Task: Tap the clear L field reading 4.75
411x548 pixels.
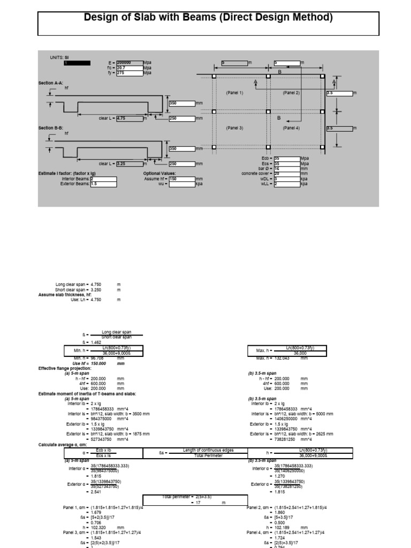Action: (x=129, y=118)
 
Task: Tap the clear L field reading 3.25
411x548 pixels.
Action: (x=129, y=164)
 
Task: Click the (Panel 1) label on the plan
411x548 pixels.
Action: (x=234, y=93)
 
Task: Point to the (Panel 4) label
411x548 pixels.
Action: (x=291, y=128)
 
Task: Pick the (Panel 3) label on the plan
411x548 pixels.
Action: (x=234, y=128)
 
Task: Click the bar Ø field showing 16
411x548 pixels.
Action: (x=286, y=169)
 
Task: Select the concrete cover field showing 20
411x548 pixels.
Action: (x=286, y=173)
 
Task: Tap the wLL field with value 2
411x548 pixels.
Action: (x=286, y=184)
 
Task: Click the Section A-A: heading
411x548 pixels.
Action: (x=52, y=83)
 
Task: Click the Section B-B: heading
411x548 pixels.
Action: (x=52, y=128)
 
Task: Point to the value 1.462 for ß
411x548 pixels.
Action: (x=96, y=342)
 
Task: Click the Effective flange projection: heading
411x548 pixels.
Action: (x=65, y=368)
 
